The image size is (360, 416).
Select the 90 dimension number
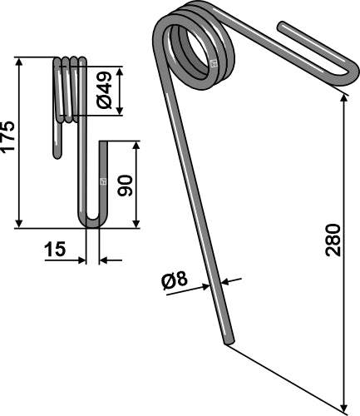126,184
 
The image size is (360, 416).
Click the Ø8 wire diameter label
176,281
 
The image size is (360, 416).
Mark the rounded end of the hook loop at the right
348,73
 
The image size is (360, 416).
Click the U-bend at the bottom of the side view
92,223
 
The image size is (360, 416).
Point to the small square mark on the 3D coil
214,63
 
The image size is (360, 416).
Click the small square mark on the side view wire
103,181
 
